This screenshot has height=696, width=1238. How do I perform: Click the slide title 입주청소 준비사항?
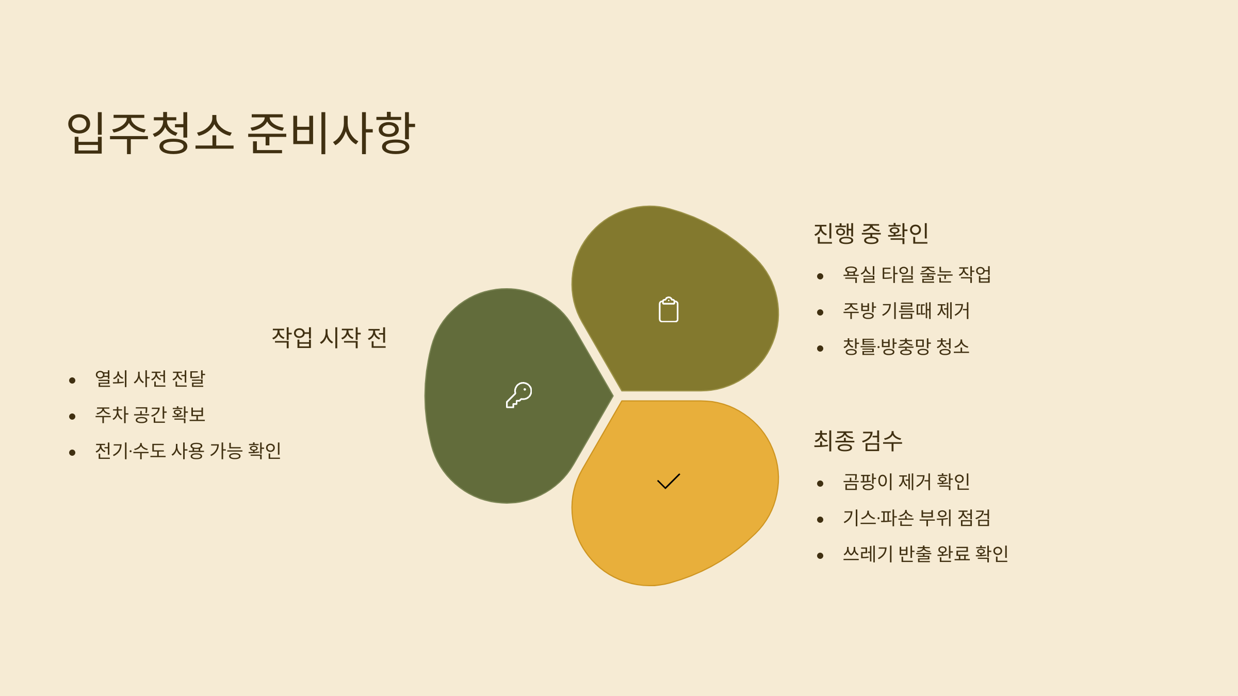click(241, 133)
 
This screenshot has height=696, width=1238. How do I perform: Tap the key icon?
click(519, 395)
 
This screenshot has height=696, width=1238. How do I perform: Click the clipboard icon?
click(669, 310)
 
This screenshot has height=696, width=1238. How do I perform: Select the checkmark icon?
click(669, 481)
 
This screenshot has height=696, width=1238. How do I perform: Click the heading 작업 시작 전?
click(329, 338)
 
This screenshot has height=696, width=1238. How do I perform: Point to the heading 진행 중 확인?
click(871, 234)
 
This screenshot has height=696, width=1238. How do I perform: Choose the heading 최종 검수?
click(858, 441)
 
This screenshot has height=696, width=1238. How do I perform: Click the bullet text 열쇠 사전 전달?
click(150, 379)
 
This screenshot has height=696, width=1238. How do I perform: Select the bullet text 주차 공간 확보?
click(150, 415)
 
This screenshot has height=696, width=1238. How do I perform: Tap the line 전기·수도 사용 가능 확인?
click(188, 451)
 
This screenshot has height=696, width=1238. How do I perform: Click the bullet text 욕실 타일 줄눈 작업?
click(917, 275)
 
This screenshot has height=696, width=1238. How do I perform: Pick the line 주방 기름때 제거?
click(906, 311)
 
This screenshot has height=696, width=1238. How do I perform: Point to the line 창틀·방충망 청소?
click(906, 347)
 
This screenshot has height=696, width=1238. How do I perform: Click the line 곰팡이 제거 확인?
click(906, 482)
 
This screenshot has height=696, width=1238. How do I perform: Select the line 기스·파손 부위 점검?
click(917, 518)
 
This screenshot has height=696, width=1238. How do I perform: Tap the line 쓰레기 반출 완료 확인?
click(925, 554)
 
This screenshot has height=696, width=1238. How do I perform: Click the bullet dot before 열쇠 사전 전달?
click(72, 380)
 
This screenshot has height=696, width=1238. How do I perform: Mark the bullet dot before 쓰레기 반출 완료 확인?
click(820, 556)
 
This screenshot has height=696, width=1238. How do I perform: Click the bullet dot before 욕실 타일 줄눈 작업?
click(820, 276)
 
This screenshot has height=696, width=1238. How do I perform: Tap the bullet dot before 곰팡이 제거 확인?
click(820, 484)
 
